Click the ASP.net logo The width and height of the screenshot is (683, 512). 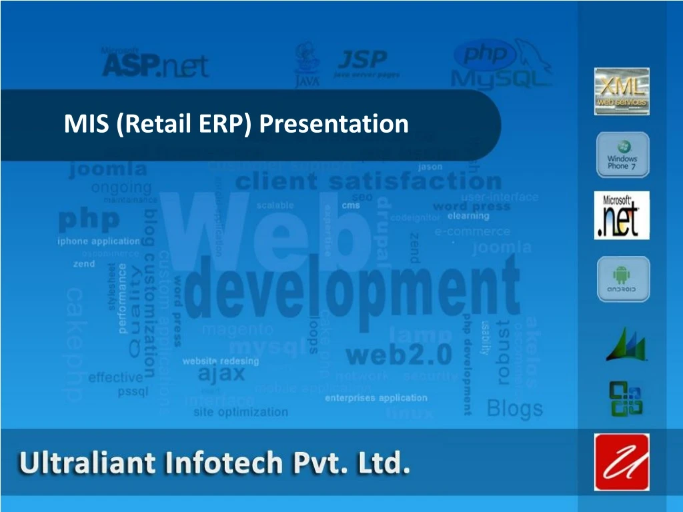pos(155,63)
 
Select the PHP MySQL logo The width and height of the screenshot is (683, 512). pos(502,65)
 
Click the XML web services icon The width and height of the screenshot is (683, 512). pos(622,91)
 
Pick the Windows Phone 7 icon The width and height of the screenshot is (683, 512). pos(622,155)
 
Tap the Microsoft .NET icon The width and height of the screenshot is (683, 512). pos(622,215)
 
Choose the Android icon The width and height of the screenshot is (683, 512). pos(622,279)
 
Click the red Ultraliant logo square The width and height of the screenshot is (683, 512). pos(622,462)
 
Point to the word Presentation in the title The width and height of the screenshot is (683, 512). pos(333,123)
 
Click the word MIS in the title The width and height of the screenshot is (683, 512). pos(87,123)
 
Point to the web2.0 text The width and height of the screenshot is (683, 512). pos(399,355)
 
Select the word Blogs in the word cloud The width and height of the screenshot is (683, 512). pos(515,407)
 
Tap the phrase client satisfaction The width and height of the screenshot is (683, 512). pos(368,181)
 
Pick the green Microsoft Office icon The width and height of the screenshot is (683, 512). pos(625,398)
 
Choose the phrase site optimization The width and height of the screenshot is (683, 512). pos(241,412)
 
